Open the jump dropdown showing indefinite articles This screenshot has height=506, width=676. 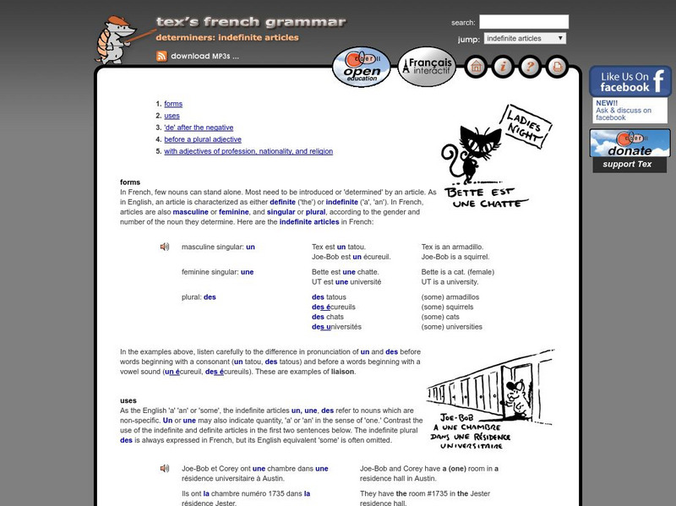pyautogui.click(x=525, y=39)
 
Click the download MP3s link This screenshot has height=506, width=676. pyautogui.click(x=204, y=57)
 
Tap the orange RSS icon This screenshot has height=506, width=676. pyautogui.click(x=161, y=57)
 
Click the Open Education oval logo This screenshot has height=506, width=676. pyautogui.click(x=362, y=68)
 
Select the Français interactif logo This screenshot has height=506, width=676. pyautogui.click(x=427, y=67)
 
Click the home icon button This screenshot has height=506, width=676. pyautogui.click(x=475, y=66)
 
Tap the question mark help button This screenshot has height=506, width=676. pyautogui.click(x=529, y=66)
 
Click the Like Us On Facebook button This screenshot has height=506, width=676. pyautogui.click(x=630, y=81)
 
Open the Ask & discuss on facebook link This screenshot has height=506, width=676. pyautogui.click(x=623, y=114)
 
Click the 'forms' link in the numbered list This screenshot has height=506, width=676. pyautogui.click(x=173, y=104)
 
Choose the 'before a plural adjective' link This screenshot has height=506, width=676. pyautogui.click(x=203, y=139)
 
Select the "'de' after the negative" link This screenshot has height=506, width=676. pyautogui.click(x=199, y=128)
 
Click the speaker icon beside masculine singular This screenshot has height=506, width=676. pyautogui.click(x=165, y=247)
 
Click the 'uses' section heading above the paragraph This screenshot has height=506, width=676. pyautogui.click(x=128, y=400)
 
